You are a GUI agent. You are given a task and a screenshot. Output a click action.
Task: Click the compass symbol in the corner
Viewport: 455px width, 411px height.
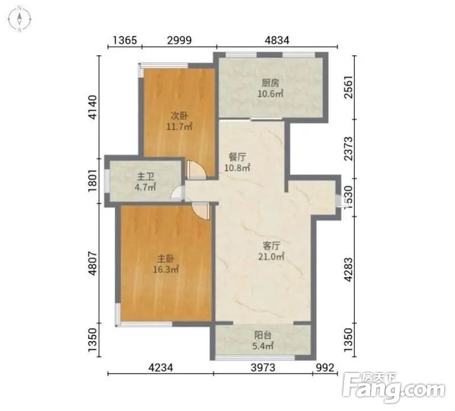[x=19, y=19]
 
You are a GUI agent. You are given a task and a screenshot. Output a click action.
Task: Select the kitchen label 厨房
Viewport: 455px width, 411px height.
[x=271, y=83]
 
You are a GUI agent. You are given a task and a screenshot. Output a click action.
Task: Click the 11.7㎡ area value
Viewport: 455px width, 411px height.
[x=179, y=127]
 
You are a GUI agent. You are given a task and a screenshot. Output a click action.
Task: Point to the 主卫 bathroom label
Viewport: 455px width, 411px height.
[x=146, y=177]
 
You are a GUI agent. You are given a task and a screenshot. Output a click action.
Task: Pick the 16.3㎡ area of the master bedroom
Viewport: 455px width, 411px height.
[x=166, y=270]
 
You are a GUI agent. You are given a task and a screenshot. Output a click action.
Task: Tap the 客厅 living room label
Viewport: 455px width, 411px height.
[x=271, y=246]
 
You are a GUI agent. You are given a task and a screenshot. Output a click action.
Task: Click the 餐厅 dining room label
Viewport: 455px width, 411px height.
[x=237, y=157]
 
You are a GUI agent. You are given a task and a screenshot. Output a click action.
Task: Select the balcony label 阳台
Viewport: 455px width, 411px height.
[x=263, y=335]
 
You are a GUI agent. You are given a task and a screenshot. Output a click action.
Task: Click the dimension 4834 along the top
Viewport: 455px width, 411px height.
[x=277, y=40]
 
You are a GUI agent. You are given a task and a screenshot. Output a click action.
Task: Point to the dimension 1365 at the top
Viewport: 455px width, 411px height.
[x=125, y=40]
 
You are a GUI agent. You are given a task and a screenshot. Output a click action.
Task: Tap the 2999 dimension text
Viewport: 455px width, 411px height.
[x=179, y=40]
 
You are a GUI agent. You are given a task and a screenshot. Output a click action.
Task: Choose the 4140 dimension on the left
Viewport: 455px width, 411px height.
[x=93, y=107]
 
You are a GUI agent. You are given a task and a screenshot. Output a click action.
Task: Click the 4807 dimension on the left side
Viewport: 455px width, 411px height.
[x=93, y=263]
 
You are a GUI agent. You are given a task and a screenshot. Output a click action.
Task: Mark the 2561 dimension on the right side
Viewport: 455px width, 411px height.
[x=348, y=87]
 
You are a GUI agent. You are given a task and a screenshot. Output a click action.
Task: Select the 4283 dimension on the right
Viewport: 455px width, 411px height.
[x=348, y=270]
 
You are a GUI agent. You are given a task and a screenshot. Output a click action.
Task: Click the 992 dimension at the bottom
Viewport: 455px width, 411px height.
[x=325, y=367]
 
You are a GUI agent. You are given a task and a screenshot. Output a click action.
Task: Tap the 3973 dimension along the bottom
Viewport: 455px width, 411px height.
[x=263, y=367]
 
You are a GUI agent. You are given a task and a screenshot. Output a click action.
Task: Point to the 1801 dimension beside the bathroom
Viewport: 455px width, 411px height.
[x=93, y=181]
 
